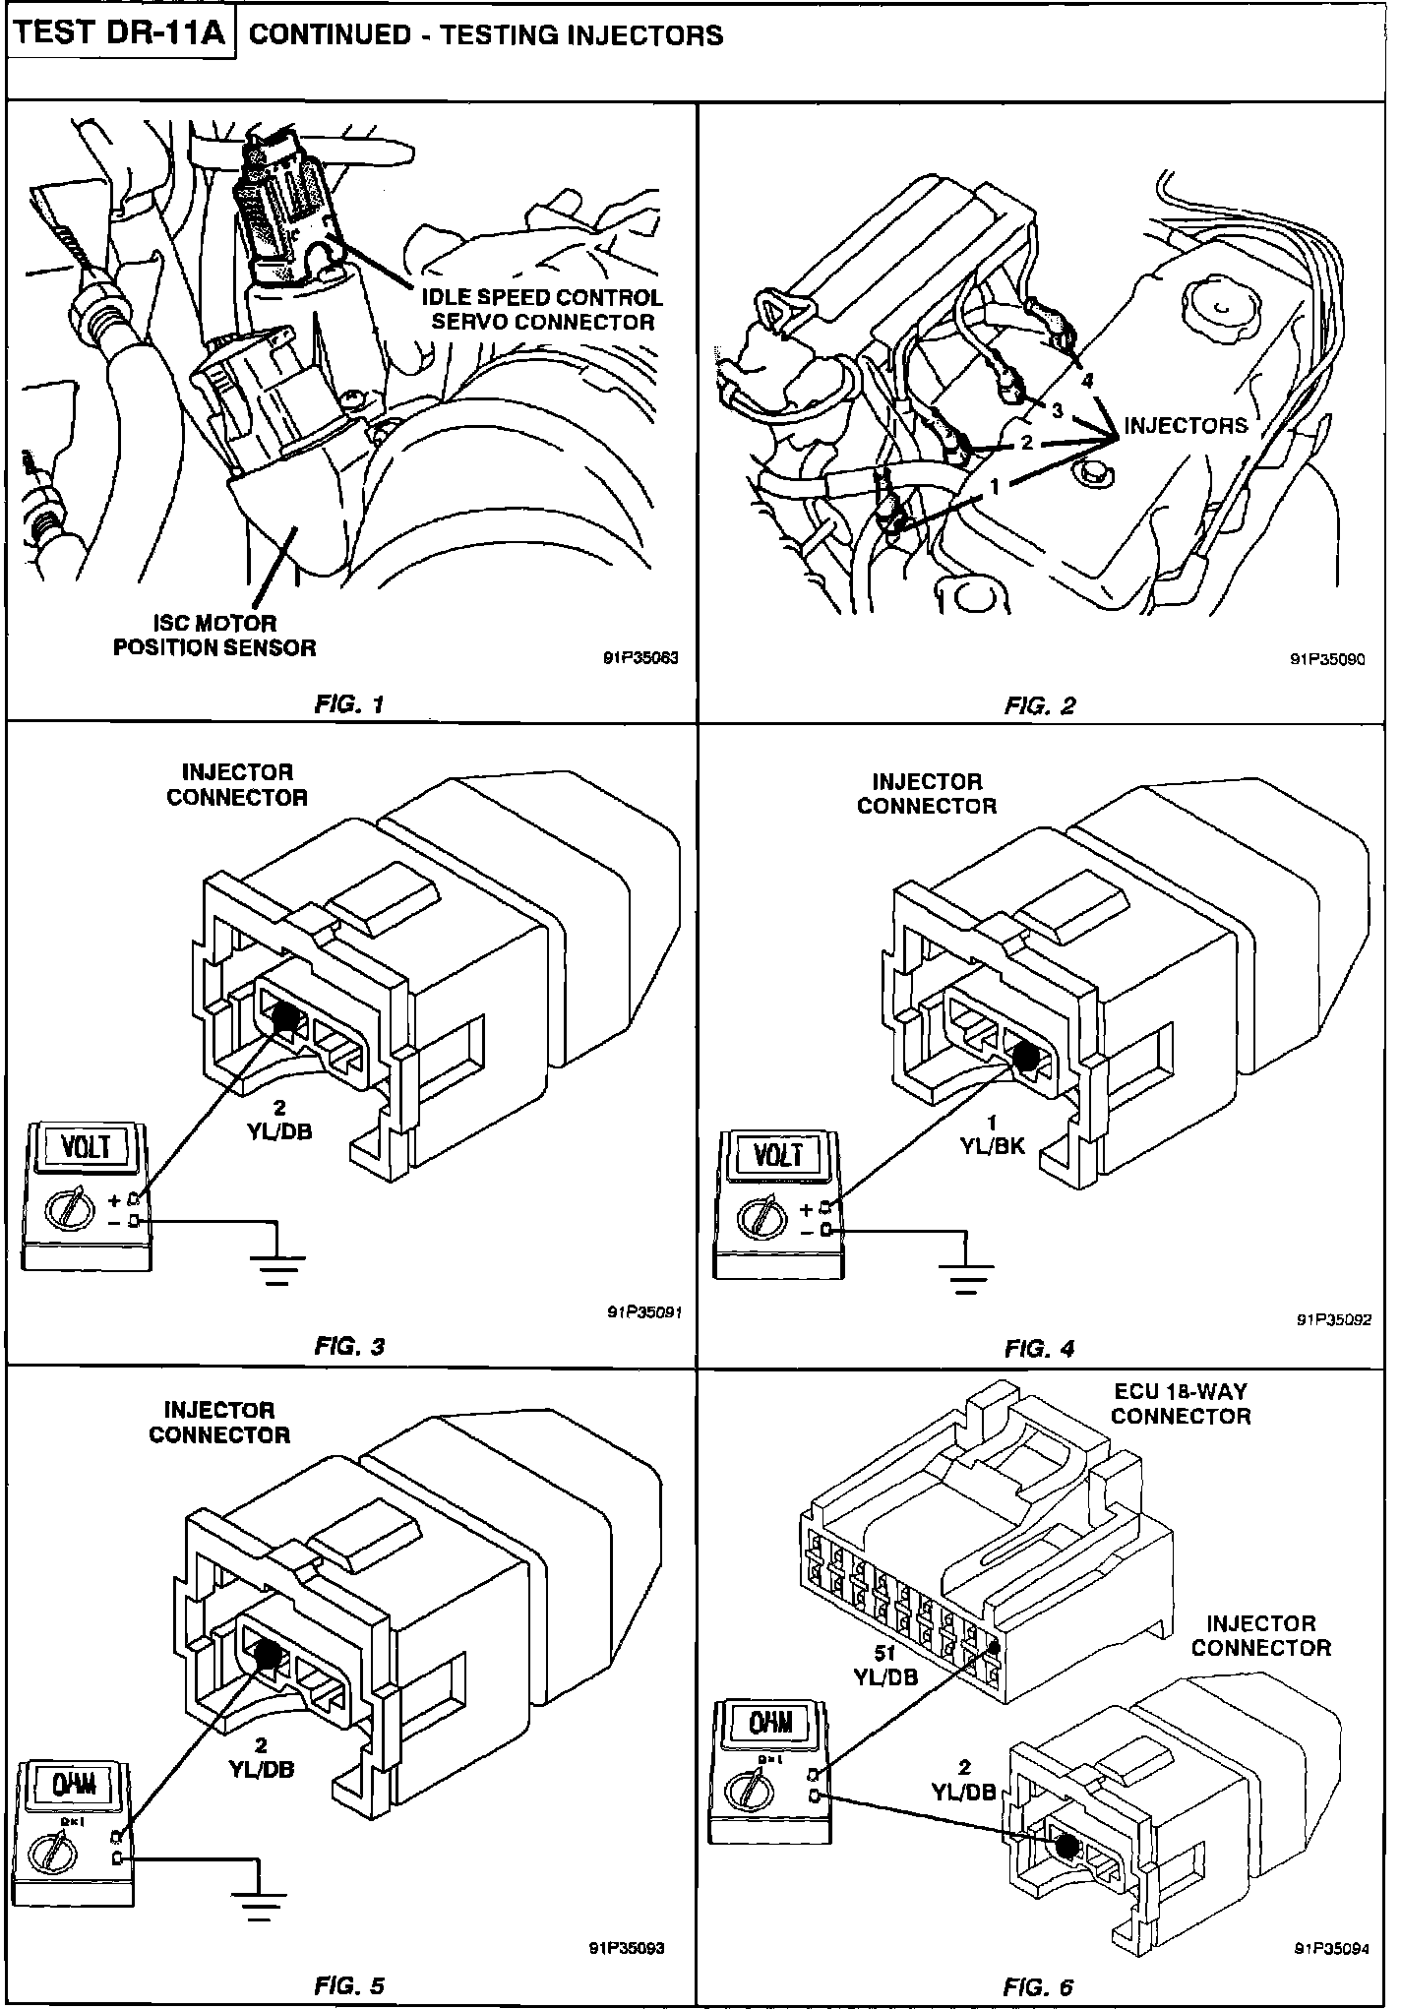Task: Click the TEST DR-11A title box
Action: (x=122, y=35)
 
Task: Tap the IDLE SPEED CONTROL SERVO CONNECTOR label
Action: (x=542, y=309)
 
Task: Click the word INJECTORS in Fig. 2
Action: (x=1186, y=425)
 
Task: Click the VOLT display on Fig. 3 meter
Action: (x=86, y=1148)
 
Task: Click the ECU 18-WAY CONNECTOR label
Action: (x=1180, y=1404)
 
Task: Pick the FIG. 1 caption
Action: (x=350, y=703)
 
